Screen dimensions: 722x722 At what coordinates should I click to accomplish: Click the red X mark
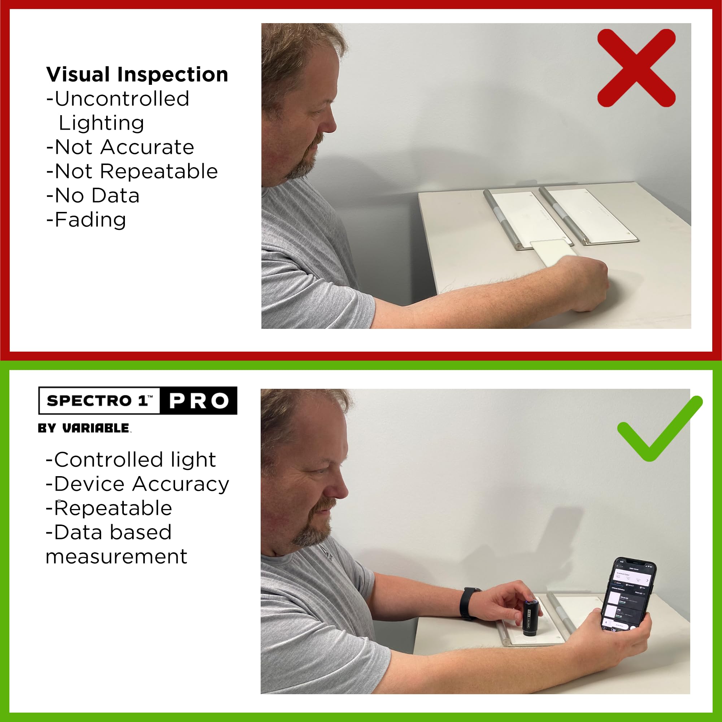click(636, 68)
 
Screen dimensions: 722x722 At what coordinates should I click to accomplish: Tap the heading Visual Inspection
click(137, 74)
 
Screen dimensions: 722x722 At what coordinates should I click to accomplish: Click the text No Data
click(97, 195)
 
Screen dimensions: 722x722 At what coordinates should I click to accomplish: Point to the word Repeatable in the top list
click(159, 171)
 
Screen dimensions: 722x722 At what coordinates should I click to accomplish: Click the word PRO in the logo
click(199, 401)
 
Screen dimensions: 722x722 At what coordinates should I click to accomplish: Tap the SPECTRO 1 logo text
click(99, 401)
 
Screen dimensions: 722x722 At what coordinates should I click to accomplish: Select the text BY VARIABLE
click(84, 428)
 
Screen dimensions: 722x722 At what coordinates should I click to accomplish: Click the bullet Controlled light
click(131, 460)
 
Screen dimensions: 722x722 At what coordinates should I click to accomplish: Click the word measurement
click(116, 556)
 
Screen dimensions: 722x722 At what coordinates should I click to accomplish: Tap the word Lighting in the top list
click(101, 123)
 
